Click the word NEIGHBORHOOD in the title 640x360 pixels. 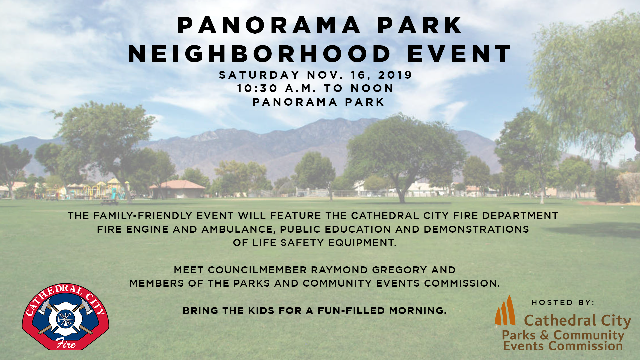pyautogui.click(x=259, y=54)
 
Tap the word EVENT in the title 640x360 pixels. pyautogui.click(x=459, y=54)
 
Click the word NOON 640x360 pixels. pyautogui.click(x=372, y=88)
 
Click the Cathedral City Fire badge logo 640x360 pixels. pyautogui.click(x=66, y=317)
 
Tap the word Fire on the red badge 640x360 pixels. pyautogui.click(x=66, y=343)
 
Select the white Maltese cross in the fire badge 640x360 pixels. pyautogui.click(x=65, y=318)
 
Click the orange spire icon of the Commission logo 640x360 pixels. pyautogui.click(x=505, y=310)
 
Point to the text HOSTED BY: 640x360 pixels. pyautogui.click(x=563, y=303)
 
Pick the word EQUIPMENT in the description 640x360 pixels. pyautogui.click(x=362, y=243)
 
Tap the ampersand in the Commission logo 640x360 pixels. pyautogui.click(x=544, y=335)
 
